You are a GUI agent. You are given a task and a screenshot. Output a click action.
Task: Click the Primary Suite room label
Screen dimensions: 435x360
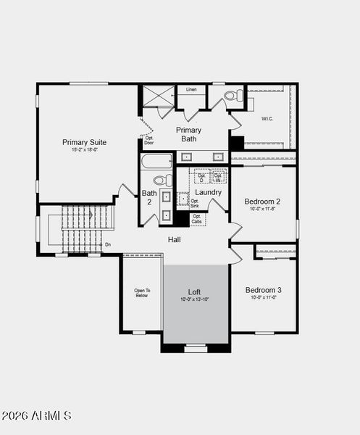point(85,142)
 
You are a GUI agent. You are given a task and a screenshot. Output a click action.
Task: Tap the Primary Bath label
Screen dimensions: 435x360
point(189,134)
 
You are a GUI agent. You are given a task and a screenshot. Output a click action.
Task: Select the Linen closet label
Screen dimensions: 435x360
point(191,89)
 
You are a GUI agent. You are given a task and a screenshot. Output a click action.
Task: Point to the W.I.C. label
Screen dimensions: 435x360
point(267,118)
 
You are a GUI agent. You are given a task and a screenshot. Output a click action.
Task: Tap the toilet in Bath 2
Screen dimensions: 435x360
point(162,180)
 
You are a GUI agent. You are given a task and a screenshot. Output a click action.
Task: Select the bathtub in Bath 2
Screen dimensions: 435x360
point(157,161)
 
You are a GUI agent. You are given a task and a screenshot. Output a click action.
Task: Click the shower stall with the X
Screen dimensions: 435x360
point(157,96)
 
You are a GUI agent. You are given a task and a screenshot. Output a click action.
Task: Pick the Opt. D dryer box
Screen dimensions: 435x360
point(201,176)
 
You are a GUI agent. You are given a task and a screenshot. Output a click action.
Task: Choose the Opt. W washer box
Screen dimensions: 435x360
point(218,176)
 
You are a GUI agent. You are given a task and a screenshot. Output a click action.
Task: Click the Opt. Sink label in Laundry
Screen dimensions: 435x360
point(195,203)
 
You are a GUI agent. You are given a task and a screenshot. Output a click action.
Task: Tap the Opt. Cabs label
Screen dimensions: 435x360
point(197,218)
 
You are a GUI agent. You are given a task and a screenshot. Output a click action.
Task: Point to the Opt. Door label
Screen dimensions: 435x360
point(149,140)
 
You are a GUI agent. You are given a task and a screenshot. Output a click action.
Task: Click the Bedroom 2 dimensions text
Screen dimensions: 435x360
point(262,209)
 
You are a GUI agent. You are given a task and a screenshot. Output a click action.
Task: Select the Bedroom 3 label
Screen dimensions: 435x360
point(263,289)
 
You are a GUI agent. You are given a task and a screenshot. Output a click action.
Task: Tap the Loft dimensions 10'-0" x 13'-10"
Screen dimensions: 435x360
point(195,299)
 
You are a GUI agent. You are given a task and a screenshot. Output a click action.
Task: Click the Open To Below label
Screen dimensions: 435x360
point(141,293)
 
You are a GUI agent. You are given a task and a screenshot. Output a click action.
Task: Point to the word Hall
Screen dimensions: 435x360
point(175,239)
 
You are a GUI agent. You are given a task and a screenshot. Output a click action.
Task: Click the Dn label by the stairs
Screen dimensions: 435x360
point(108,244)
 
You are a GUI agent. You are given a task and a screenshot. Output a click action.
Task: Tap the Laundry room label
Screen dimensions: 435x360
point(208,192)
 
